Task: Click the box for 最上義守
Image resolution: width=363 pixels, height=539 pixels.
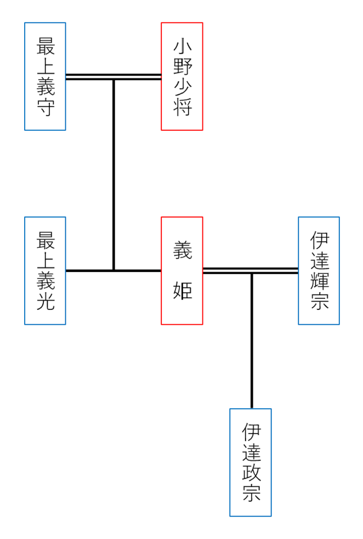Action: click(45, 76)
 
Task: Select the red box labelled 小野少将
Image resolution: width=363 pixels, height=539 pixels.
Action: click(181, 76)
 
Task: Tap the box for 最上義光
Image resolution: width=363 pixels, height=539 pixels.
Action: click(45, 270)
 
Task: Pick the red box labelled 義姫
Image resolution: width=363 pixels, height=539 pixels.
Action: click(181, 270)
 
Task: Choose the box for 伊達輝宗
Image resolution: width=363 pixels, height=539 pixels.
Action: click(319, 270)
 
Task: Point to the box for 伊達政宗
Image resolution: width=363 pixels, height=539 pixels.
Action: click(250, 462)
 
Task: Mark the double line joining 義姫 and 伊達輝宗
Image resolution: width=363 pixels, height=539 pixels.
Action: click(274, 270)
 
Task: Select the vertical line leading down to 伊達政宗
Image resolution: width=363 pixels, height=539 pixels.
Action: click(252, 341)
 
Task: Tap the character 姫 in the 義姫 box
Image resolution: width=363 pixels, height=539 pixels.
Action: click(182, 290)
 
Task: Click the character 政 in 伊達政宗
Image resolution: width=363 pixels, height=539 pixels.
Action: click(251, 473)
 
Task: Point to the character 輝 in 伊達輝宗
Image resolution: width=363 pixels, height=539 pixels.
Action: click(319, 280)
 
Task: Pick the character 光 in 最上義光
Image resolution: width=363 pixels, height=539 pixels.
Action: click(46, 301)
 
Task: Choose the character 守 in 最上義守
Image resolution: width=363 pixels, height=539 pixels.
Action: click(46, 107)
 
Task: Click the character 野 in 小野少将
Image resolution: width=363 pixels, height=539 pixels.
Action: click(182, 66)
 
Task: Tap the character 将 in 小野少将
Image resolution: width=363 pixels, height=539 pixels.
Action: click(182, 107)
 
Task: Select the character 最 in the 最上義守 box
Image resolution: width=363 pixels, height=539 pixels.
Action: click(46, 46)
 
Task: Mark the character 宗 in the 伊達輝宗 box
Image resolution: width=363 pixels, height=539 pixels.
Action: click(319, 301)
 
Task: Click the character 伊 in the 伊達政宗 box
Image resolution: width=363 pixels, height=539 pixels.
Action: click(251, 432)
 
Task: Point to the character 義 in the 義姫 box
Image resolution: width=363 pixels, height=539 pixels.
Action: click(182, 251)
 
